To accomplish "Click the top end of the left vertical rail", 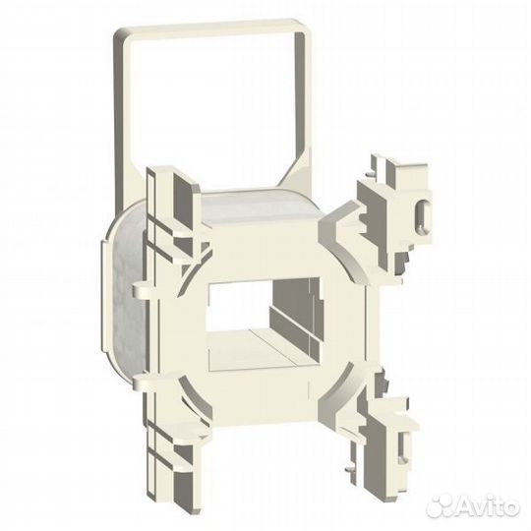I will coord(157,177).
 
